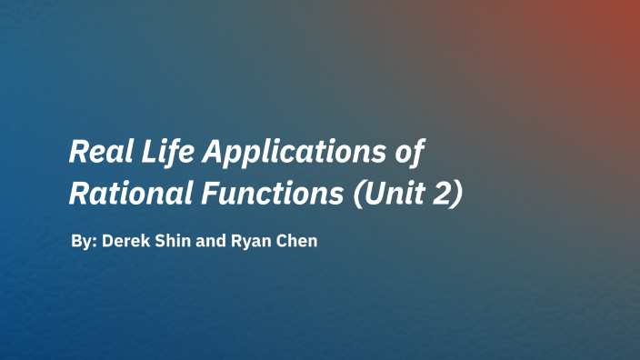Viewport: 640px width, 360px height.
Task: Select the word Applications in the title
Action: coord(294,152)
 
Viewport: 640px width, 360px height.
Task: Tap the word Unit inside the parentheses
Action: coord(391,194)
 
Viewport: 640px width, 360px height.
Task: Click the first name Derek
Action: coord(124,243)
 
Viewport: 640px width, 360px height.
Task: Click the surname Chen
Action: coord(296,243)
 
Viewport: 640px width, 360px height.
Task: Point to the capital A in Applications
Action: coord(212,151)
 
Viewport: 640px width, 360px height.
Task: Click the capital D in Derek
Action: coord(107,243)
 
